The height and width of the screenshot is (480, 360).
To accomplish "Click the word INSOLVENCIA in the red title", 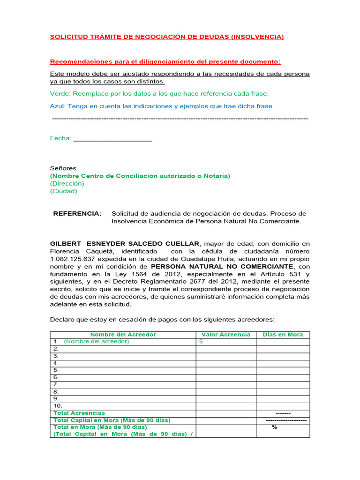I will coord(257,37).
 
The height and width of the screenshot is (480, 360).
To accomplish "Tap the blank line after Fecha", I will coord(113,138).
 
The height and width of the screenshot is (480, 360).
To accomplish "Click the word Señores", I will coord(63,168).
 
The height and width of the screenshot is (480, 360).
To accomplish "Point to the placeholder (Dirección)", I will coord(67,184).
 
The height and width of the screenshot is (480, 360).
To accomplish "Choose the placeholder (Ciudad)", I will coord(64,191).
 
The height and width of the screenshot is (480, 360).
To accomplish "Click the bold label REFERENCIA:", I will coord(77,214).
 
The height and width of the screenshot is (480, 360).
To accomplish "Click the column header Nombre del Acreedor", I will coord(123,334).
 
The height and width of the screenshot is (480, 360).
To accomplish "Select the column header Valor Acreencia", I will coord(226,334).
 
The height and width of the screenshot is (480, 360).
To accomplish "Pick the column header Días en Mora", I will coord(283,334).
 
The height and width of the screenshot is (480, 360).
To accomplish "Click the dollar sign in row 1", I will coord(201,342).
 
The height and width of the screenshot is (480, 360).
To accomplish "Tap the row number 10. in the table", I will coord(58,406).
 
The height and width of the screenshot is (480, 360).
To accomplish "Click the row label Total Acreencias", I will coord(79,413).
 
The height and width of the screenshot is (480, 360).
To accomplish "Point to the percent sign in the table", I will coord(275,427).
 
